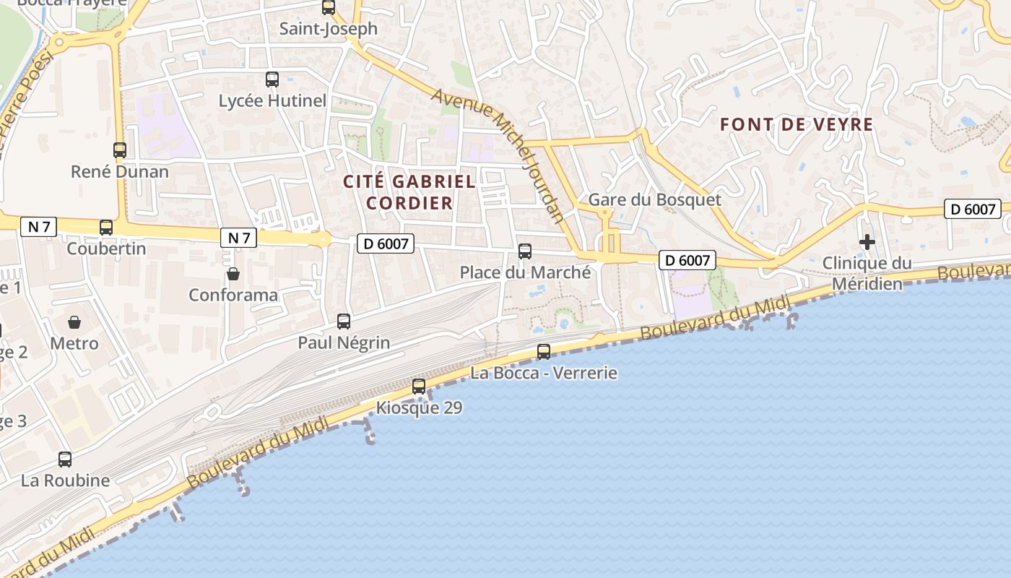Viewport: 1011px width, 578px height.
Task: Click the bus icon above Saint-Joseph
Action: [329, 7]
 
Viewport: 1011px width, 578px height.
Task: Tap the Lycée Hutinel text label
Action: [272, 101]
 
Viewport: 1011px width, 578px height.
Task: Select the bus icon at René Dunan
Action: [120, 150]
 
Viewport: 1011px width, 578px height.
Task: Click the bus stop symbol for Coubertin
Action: [106, 228]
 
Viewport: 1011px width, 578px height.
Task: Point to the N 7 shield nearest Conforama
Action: [238, 237]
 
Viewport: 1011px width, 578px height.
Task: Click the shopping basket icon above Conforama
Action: [233, 274]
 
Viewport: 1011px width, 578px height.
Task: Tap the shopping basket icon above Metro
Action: [74, 322]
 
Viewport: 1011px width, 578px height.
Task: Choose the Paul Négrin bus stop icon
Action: [344, 322]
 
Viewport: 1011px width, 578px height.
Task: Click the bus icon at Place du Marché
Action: [525, 251]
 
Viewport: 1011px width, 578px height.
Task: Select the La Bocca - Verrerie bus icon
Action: [544, 352]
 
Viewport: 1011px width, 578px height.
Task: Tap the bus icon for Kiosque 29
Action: [419, 387]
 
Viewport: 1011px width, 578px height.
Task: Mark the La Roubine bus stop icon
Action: [65, 459]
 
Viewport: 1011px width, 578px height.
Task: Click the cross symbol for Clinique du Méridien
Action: [867, 242]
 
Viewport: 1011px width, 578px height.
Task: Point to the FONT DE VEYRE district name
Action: [797, 125]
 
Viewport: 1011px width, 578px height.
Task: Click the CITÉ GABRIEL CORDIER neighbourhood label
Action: [409, 192]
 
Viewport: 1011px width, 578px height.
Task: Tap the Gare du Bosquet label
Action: [654, 200]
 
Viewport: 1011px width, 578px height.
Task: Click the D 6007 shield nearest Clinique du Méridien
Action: [972, 210]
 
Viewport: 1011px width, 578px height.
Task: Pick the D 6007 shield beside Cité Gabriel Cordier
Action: [386, 244]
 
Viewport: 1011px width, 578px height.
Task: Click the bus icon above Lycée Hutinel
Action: [272, 79]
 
